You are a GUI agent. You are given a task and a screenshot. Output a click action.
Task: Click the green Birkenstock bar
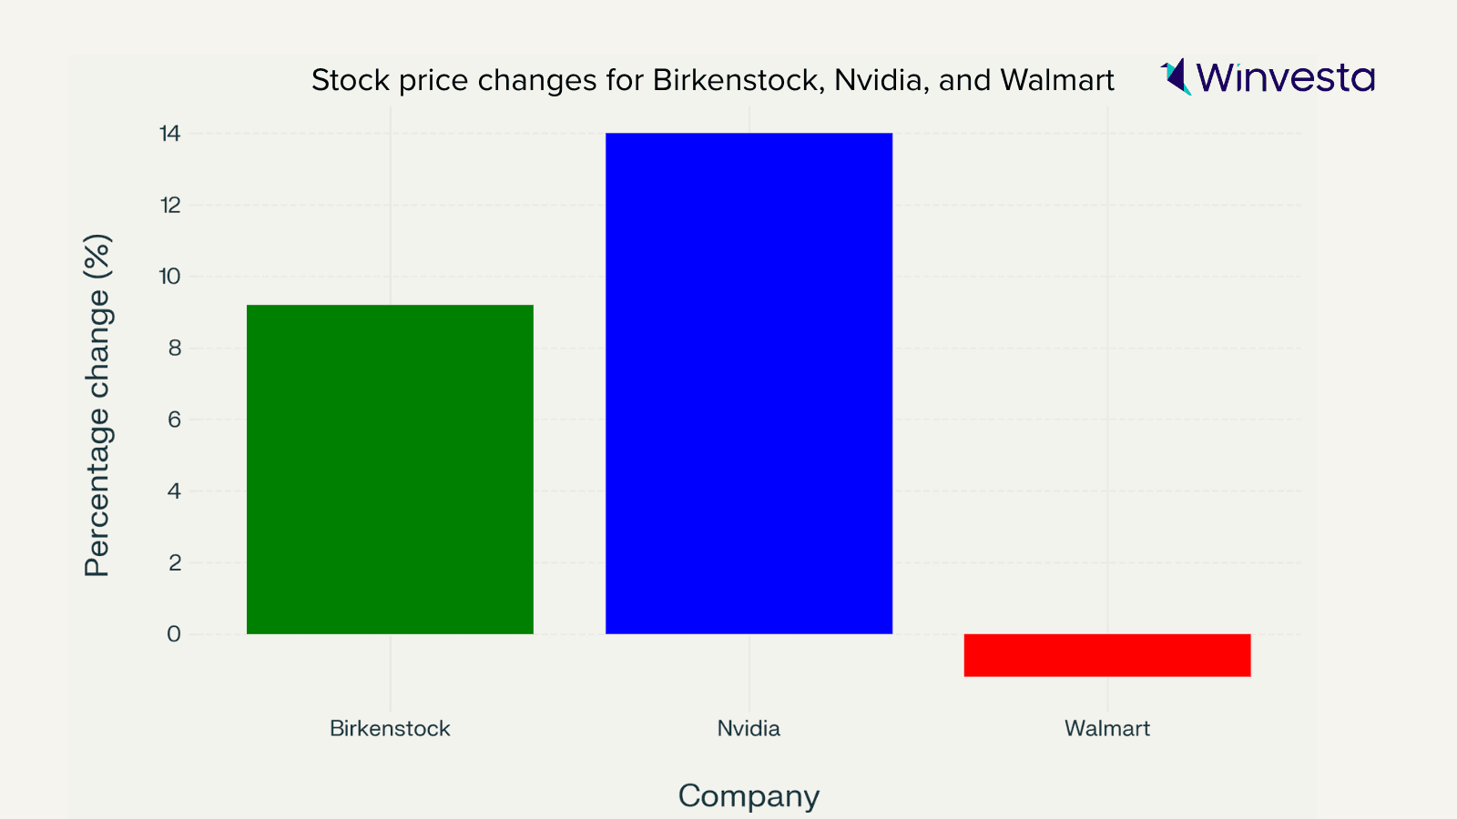point(390,470)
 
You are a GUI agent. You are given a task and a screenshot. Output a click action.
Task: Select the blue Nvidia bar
point(749,383)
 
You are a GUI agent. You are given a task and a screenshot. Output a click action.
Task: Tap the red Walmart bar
point(1107,655)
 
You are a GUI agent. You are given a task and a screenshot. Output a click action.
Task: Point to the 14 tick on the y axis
point(170,134)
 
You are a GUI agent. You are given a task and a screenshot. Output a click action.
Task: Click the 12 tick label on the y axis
point(170,206)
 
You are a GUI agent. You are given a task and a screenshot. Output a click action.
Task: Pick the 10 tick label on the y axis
point(170,277)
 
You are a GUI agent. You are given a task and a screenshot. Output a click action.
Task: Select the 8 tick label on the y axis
point(174,349)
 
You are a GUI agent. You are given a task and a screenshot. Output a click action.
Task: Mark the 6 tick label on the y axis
point(174,420)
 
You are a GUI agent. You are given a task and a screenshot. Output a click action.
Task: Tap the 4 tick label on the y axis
point(174,491)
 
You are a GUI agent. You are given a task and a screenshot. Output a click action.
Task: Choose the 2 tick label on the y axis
point(174,563)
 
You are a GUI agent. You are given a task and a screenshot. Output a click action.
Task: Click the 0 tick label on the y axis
point(174,634)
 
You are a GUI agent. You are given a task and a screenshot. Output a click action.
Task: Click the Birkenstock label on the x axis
point(390,729)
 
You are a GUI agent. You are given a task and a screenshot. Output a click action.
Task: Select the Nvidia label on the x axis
point(749,729)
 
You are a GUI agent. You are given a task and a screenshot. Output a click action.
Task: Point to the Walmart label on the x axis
point(1107,729)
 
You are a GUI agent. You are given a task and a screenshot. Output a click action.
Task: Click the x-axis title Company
point(749,796)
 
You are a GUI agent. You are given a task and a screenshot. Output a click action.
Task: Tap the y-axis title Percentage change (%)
point(97,406)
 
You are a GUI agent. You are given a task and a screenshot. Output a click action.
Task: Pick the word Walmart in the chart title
point(1057,81)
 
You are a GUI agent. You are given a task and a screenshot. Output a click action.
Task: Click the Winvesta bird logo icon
point(1177,76)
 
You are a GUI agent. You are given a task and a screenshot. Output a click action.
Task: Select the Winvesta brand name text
point(1286,78)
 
